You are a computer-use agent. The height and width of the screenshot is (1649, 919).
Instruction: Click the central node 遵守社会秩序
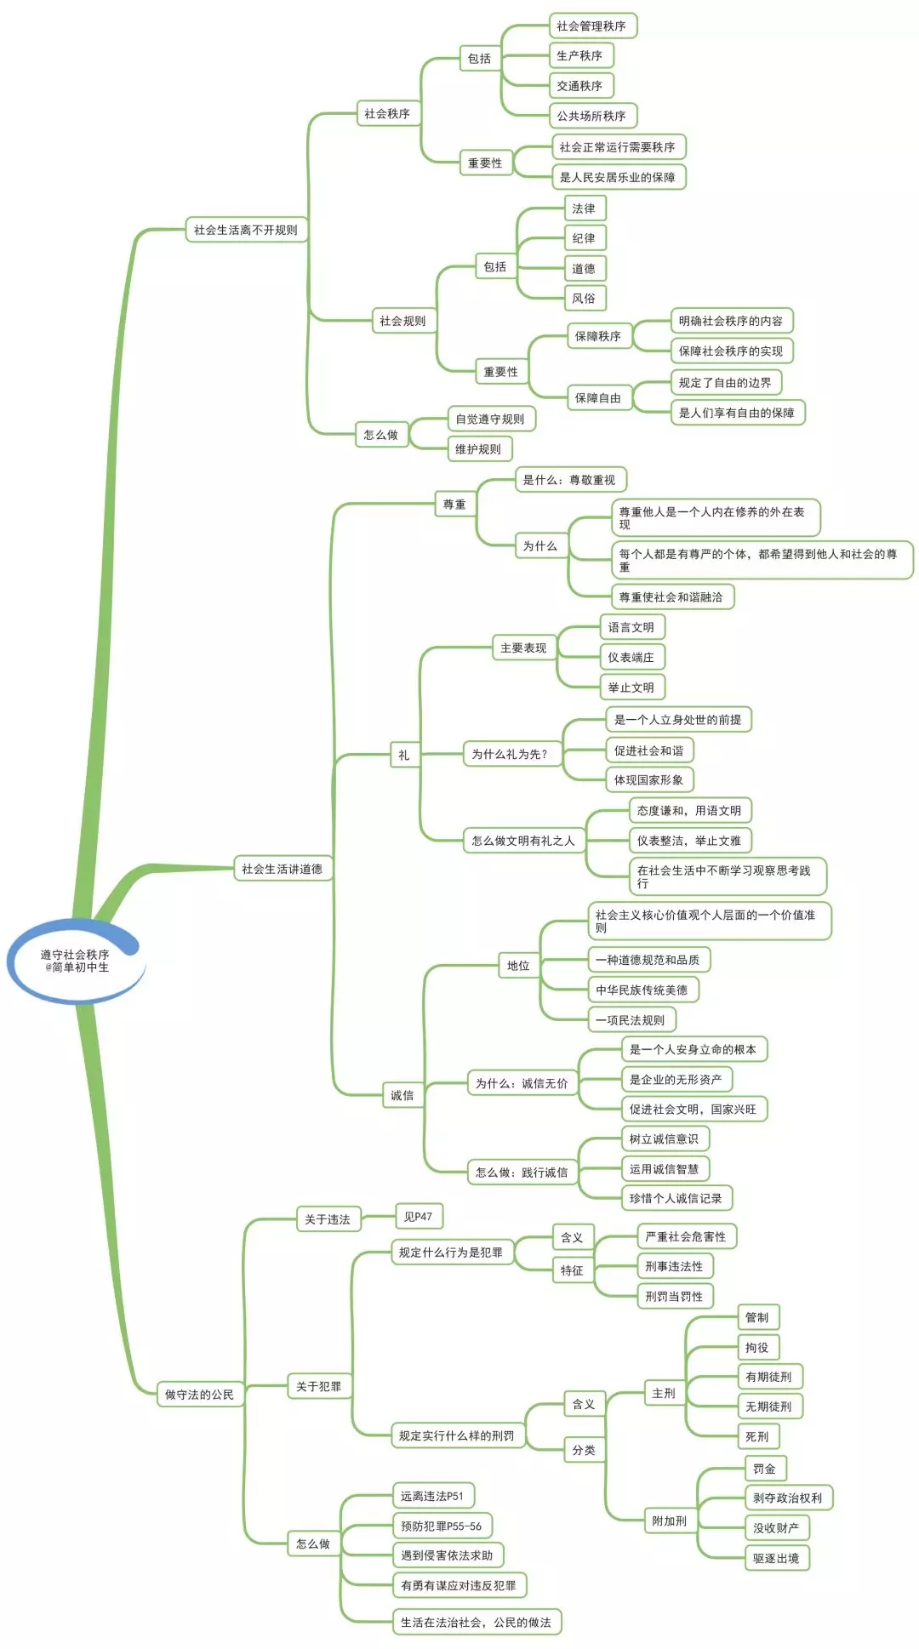click(x=75, y=961)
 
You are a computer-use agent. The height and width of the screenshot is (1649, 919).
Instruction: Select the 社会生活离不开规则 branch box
click(x=245, y=230)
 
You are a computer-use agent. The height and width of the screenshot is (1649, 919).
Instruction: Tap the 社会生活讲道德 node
click(x=282, y=869)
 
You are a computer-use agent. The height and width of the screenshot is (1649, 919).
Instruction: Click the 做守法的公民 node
click(x=199, y=1395)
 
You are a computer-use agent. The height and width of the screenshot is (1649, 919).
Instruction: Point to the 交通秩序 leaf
click(x=579, y=86)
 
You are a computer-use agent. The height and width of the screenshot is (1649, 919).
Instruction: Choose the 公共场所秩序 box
click(x=591, y=116)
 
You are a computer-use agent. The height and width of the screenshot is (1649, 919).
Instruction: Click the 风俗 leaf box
click(x=584, y=298)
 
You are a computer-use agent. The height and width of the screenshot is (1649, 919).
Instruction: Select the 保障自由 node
click(x=598, y=397)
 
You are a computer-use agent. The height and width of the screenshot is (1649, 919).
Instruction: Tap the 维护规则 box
click(x=478, y=448)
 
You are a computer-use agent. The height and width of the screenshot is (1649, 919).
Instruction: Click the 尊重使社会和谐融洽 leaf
click(x=671, y=597)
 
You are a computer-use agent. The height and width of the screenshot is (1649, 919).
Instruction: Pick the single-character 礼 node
click(x=404, y=755)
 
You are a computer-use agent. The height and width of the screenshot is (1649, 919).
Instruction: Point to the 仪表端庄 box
click(x=631, y=657)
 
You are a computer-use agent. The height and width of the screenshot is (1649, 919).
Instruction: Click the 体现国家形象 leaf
click(x=648, y=779)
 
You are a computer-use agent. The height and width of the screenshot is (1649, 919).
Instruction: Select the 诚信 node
click(x=402, y=1095)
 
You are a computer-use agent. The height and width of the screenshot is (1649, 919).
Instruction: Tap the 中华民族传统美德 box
click(x=642, y=990)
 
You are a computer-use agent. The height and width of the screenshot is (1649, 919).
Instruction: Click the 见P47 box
click(x=418, y=1217)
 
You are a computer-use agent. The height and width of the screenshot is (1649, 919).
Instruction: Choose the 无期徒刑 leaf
click(x=768, y=1406)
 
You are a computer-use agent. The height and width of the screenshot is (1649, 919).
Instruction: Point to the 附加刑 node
click(x=670, y=1521)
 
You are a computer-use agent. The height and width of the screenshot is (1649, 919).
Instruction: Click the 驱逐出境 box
click(x=776, y=1558)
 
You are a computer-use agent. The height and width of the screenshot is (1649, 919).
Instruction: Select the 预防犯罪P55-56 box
click(x=441, y=1526)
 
